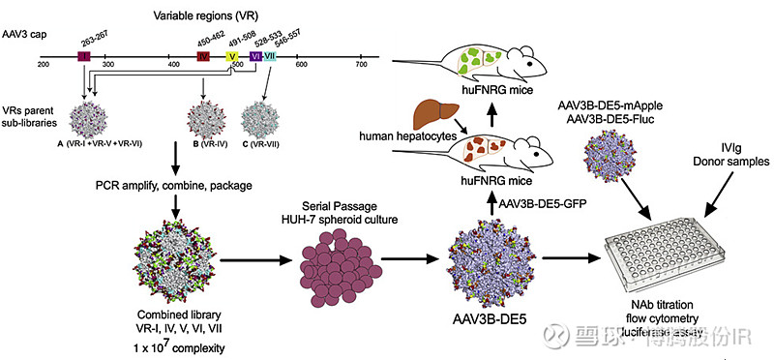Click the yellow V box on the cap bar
pyautogui.click(x=232, y=57)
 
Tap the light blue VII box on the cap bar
pyautogui.click(x=270, y=57)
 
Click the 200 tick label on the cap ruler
pyautogui.click(x=43, y=65)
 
